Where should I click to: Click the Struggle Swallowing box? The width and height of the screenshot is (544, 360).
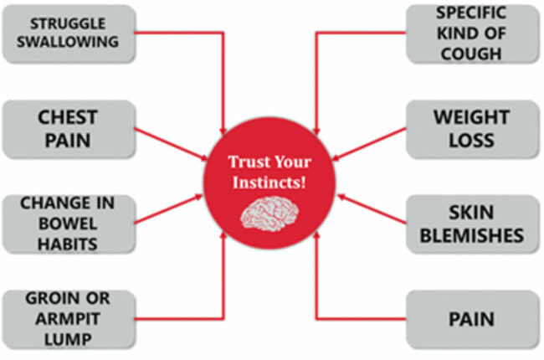click(69, 33)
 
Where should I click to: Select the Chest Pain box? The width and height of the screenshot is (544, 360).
click(69, 129)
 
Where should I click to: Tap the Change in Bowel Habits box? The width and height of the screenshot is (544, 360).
click(69, 224)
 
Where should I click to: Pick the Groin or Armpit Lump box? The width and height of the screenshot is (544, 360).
click(69, 319)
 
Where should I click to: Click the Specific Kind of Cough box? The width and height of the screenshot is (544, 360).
click(473, 33)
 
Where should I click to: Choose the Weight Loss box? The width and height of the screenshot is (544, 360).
click(473, 129)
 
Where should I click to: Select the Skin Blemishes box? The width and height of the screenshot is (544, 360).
click(473, 224)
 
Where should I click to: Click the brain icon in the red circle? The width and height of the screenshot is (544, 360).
click(269, 213)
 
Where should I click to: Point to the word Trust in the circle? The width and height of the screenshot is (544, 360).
click(245, 162)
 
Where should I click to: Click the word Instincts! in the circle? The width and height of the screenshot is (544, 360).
click(269, 183)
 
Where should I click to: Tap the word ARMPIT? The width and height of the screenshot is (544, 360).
click(68, 319)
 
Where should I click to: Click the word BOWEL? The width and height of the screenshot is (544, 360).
click(68, 224)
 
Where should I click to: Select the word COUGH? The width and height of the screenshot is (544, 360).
click(471, 54)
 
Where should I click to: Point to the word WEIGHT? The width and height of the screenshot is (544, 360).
click(471, 117)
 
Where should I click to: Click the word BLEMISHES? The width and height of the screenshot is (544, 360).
click(472, 236)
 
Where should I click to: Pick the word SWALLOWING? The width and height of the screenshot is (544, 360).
click(68, 42)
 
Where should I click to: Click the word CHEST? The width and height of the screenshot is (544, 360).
click(68, 117)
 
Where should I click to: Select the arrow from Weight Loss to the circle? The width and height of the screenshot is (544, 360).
click(369, 144)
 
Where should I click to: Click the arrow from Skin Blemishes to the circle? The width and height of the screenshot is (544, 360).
click(372, 209)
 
